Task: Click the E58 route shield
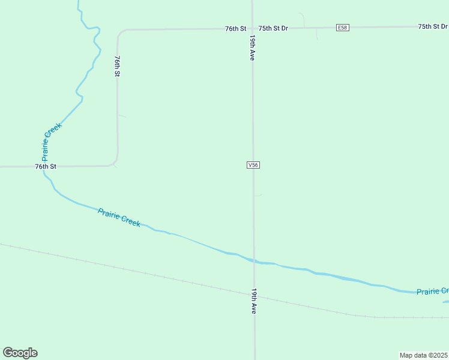(x=342, y=28)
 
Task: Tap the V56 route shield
(x=253, y=165)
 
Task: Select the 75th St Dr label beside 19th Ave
(x=274, y=28)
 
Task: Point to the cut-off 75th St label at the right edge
(x=433, y=26)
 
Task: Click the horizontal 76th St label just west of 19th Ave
(x=236, y=28)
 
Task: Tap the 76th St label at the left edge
(x=46, y=166)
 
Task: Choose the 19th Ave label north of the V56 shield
(x=253, y=47)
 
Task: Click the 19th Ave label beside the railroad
(x=254, y=301)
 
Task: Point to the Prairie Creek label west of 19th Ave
(x=119, y=217)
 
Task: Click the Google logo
(x=20, y=353)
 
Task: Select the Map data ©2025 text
(x=423, y=355)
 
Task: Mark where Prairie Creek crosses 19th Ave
(x=254, y=262)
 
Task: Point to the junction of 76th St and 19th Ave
(x=253, y=28)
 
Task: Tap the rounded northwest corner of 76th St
(x=120, y=32)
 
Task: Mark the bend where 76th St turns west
(x=114, y=163)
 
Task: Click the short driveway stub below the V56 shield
(x=258, y=195)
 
